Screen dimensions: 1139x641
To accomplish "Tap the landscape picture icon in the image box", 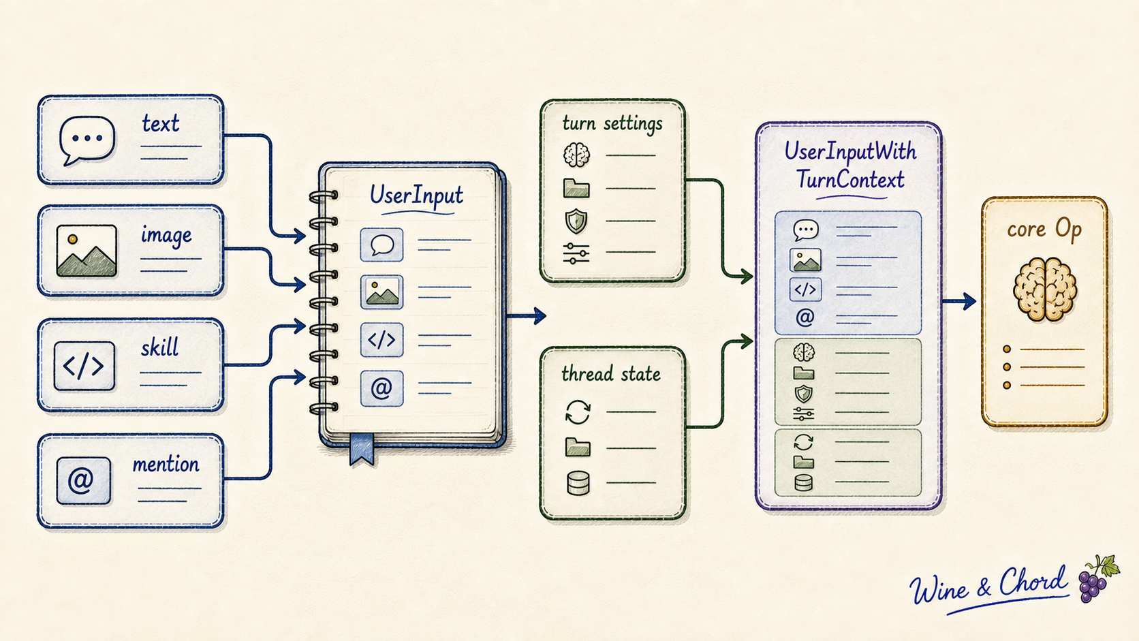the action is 87,251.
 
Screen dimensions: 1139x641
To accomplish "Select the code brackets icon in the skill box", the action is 84,366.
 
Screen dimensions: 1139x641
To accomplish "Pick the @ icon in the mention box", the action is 83,480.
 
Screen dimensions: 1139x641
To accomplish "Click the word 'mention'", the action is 166,465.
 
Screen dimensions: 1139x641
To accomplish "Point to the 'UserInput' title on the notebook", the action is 416,196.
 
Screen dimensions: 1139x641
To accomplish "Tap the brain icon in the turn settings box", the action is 576,155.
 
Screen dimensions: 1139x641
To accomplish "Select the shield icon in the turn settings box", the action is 576,221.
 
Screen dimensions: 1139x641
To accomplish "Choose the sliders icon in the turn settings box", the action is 576,253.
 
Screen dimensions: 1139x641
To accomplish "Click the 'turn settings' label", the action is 612,124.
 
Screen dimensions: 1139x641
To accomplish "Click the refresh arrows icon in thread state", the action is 578,411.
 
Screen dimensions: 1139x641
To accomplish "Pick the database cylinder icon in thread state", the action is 578,483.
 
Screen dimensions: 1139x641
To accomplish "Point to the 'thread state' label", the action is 610,374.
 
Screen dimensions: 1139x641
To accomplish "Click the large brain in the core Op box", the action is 1045,290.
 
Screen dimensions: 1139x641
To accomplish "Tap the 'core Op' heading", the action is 1044,230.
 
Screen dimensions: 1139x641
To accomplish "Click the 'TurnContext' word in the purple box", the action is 850,180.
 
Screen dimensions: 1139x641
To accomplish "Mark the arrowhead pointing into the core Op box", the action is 969,301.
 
